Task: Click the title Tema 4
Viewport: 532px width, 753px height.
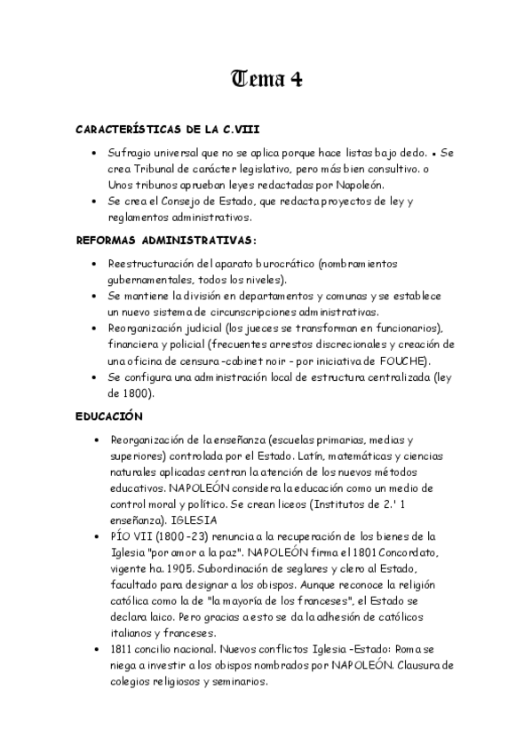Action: (x=266, y=79)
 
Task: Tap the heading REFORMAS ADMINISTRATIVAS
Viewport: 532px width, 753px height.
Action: (x=166, y=240)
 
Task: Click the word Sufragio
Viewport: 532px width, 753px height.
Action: (x=130, y=152)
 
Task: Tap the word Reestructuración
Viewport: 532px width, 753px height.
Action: (x=154, y=263)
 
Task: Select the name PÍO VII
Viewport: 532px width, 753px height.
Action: (x=133, y=536)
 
